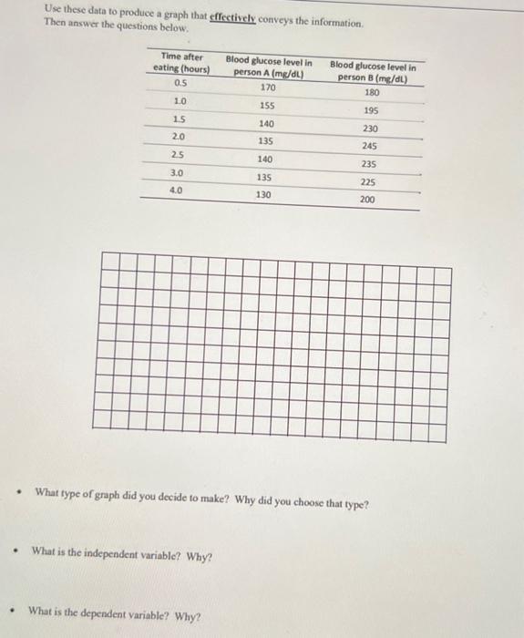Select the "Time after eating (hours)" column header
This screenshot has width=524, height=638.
(181, 63)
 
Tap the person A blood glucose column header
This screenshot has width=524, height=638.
(268, 67)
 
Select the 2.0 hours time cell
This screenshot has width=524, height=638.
(179, 136)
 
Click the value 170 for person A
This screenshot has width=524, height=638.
(268, 88)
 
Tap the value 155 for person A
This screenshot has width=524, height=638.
(267, 106)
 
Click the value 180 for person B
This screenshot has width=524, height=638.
(371, 93)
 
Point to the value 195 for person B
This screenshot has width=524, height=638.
(371, 111)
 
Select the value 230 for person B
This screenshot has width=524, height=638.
(370, 129)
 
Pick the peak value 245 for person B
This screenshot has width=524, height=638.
(369, 146)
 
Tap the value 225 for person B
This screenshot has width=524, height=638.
(368, 181)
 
